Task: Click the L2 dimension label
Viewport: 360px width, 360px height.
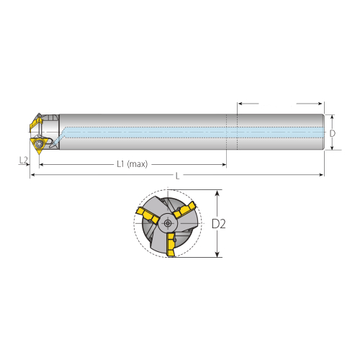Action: pos(23,160)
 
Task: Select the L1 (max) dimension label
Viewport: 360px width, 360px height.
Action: pos(132,164)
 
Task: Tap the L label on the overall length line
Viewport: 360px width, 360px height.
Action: pos(177,176)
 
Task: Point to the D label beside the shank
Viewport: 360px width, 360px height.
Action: pos(333,133)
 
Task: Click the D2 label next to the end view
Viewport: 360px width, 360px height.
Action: pos(219,224)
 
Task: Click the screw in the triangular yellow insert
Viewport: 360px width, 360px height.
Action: pos(38,144)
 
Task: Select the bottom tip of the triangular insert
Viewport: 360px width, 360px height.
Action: pos(39,154)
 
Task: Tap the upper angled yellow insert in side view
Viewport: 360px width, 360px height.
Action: pos(35,123)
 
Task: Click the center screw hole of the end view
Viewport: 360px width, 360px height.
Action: pos(168,223)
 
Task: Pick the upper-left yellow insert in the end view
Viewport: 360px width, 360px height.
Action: pos(148,215)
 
